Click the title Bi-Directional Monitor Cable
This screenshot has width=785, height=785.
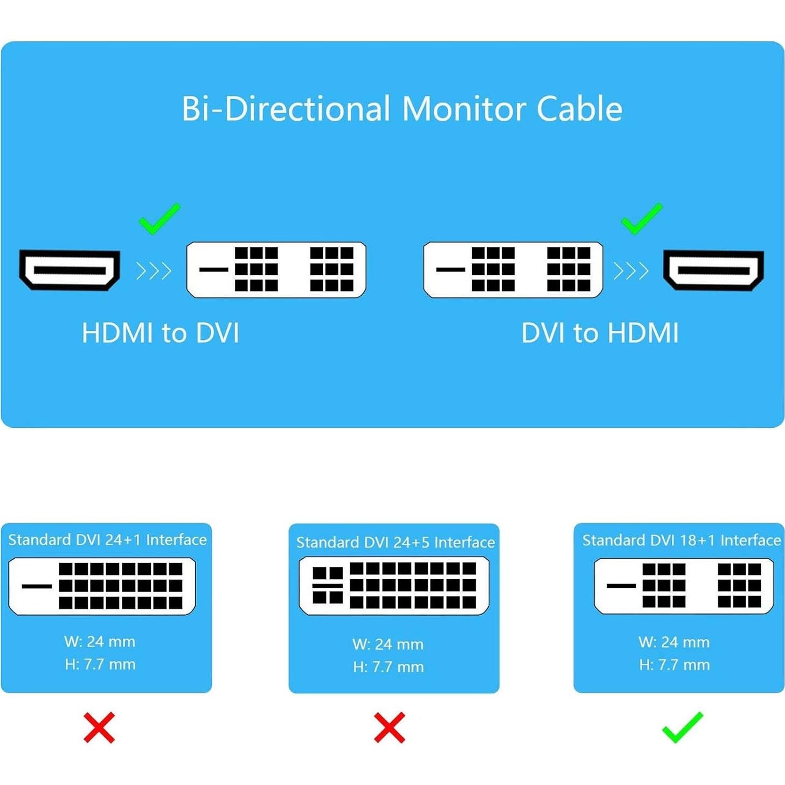tap(401, 109)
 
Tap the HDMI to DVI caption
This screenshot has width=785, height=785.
tap(160, 333)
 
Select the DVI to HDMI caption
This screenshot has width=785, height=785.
tap(600, 333)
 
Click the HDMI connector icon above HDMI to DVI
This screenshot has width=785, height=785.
tap(70, 269)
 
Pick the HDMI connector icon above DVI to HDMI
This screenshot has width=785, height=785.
tap(713, 269)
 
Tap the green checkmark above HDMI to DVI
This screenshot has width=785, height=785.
tap(159, 219)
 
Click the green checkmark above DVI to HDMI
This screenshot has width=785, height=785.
tap(641, 219)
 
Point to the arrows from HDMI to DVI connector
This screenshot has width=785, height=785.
tap(154, 270)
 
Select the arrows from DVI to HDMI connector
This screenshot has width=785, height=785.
tap(631, 270)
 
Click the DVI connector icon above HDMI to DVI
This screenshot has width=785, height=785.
tap(276, 269)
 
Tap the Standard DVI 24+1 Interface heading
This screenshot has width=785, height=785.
tap(107, 540)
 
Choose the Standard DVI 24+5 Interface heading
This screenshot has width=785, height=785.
tap(395, 542)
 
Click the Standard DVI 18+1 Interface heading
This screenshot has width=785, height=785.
tap(682, 540)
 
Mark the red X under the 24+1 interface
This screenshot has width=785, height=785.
tap(99, 727)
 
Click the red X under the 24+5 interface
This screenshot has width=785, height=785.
tap(389, 727)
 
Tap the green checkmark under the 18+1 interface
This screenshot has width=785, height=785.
tap(682, 727)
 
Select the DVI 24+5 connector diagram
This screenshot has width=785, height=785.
tap(394, 586)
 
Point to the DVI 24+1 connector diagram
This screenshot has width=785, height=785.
tap(102, 586)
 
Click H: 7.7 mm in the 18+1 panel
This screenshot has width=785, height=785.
tap(674, 665)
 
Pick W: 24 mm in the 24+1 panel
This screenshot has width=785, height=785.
tap(100, 642)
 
